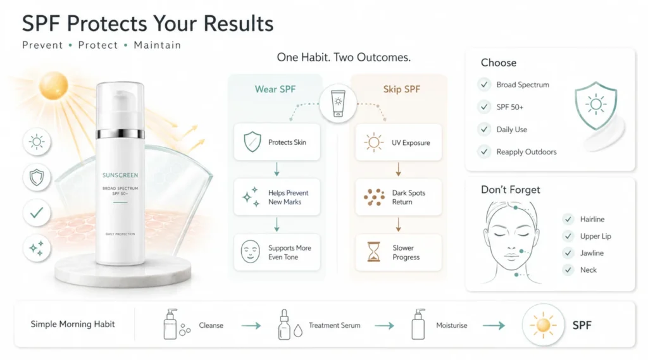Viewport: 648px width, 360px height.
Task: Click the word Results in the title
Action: click(239, 23)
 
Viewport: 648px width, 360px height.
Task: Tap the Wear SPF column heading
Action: click(275, 89)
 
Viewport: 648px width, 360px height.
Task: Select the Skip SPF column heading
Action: click(401, 89)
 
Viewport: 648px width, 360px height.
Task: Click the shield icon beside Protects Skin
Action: click(252, 142)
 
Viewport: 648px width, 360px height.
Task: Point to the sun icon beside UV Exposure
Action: click(373, 142)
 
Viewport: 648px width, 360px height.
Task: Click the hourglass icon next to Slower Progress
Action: click(373, 252)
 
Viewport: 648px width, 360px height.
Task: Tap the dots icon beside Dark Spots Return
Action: click(374, 197)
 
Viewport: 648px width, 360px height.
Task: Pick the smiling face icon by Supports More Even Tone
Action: click(251, 252)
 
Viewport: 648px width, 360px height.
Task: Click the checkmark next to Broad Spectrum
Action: click(484, 84)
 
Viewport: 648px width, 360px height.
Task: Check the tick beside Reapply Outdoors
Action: click(484, 152)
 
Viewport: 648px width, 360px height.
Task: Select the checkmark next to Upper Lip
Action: click(568, 236)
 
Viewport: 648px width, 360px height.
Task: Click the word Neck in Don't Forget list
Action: click(588, 270)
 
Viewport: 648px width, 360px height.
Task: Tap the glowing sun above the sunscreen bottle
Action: click(54, 86)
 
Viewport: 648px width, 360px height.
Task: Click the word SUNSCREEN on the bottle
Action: click(120, 175)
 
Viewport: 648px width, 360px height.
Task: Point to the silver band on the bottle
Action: click(120, 134)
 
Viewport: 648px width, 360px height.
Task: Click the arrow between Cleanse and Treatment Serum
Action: click(251, 326)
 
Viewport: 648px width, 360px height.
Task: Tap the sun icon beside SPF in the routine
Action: click(543, 325)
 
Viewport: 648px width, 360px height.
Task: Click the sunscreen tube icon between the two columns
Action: click(338, 103)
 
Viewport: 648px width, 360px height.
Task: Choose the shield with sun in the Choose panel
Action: click(595, 106)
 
